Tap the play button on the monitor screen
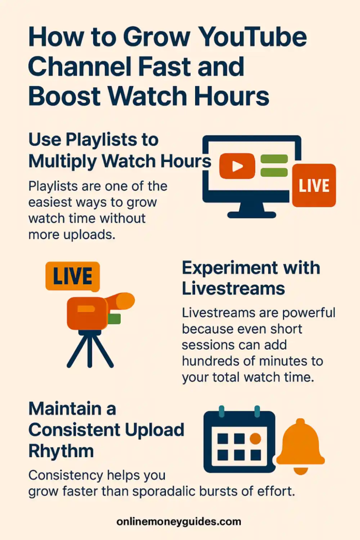click(237, 166)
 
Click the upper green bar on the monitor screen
click(274, 159)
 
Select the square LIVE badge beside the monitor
click(314, 185)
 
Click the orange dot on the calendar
click(256, 439)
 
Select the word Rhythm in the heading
click(61, 451)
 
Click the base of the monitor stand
click(251, 214)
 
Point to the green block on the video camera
click(114, 318)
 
